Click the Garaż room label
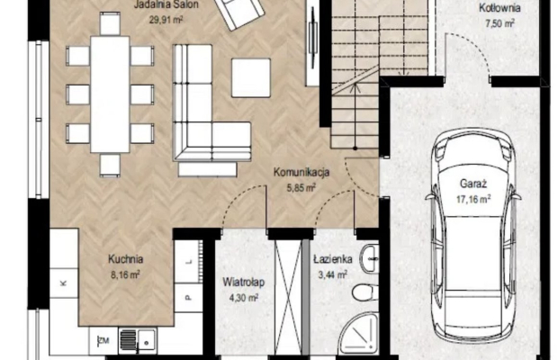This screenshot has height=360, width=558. click(472, 184)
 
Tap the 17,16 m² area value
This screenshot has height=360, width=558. click(473, 199)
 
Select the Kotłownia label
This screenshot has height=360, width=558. click(499, 8)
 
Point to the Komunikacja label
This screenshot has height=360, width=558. click(301, 172)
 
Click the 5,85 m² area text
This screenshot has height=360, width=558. click(301, 187)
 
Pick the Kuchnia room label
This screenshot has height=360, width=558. click(126, 259)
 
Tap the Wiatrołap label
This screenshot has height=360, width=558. click(244, 283)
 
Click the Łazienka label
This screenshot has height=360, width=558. click(333, 259)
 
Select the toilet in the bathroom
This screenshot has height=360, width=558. click(364, 293)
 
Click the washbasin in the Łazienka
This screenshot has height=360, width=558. click(370, 258)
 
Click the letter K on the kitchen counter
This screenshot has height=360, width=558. click(63, 283)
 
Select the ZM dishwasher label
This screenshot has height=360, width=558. click(103, 340)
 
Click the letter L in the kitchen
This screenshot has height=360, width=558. click(189, 262)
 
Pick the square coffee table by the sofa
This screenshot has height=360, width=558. click(251, 78)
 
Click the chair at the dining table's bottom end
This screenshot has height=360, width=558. click(110, 165)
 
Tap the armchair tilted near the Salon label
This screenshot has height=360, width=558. click(238, 13)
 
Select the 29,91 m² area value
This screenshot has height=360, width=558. click(166, 20)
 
